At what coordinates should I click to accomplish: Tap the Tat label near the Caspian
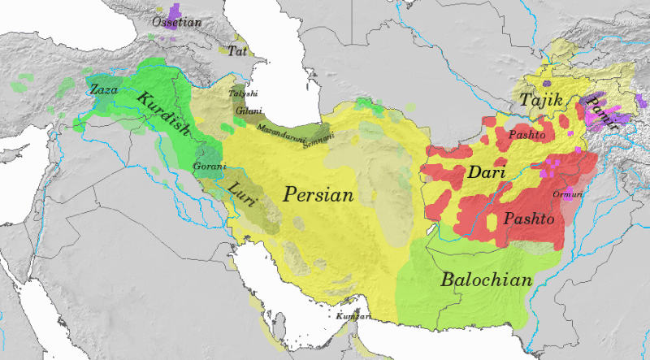coord(237,50)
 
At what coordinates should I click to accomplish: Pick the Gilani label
coord(248,110)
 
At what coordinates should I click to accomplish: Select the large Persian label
coord(318,196)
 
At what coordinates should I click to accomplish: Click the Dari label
coord(487,173)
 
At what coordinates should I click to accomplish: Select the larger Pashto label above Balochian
coord(529,219)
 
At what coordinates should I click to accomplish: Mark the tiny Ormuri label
coord(566,195)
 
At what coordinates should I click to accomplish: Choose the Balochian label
coord(487,281)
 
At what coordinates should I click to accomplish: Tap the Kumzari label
coord(354,315)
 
